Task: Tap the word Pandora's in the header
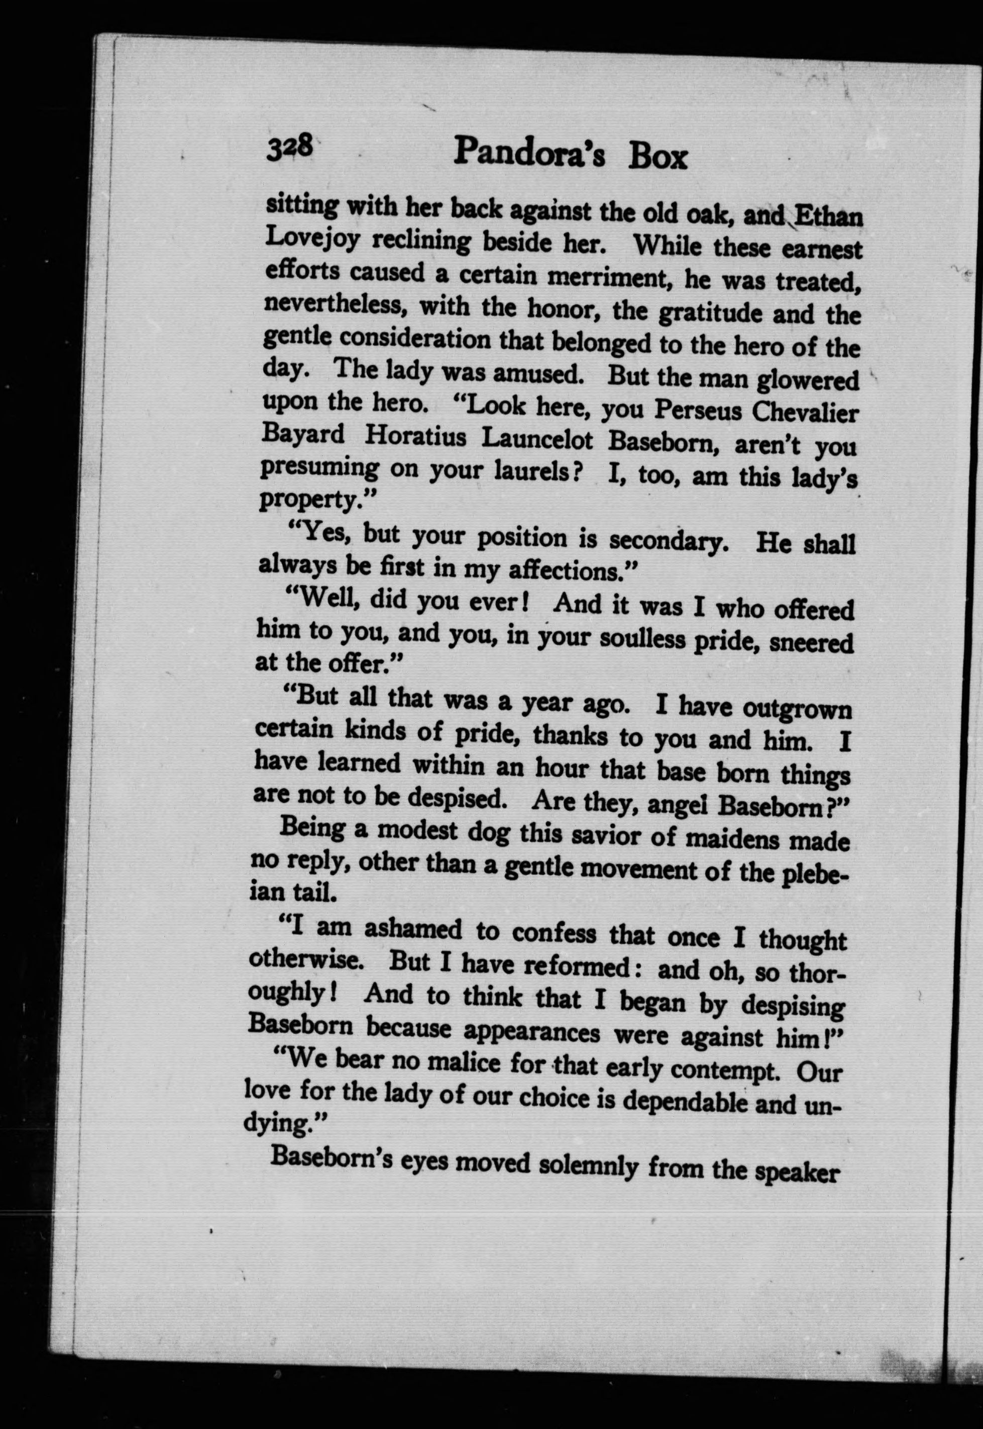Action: click(x=529, y=155)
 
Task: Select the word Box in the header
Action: click(x=657, y=158)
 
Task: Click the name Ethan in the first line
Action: click(x=827, y=218)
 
